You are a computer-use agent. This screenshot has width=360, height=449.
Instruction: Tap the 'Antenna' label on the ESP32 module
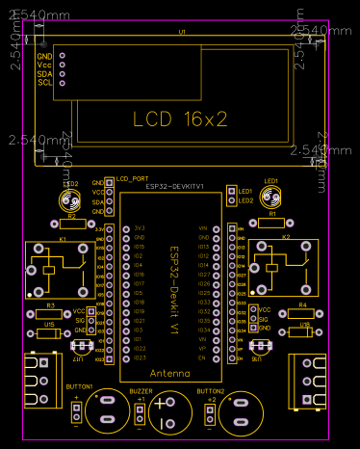coord(170,371)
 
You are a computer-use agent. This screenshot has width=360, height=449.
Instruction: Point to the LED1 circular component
coord(271,198)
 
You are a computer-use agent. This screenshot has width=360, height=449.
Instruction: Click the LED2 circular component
coord(69,200)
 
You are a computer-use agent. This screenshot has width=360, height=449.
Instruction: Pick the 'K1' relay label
coord(63,236)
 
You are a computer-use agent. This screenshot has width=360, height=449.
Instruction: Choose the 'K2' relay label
coord(285,236)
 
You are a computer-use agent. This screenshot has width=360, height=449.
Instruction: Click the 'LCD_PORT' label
coord(133,178)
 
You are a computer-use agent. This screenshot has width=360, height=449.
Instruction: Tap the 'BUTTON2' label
coord(209,392)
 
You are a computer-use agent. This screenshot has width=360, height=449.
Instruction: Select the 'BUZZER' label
coord(142,392)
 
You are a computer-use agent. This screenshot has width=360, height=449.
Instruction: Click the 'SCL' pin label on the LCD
coord(44,82)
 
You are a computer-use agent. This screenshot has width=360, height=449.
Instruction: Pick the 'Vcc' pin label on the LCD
coord(44,65)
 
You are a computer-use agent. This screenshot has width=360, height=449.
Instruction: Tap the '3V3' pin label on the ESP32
coord(140,227)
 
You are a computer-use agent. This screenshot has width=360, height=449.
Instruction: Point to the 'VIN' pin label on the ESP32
coord(203,227)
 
